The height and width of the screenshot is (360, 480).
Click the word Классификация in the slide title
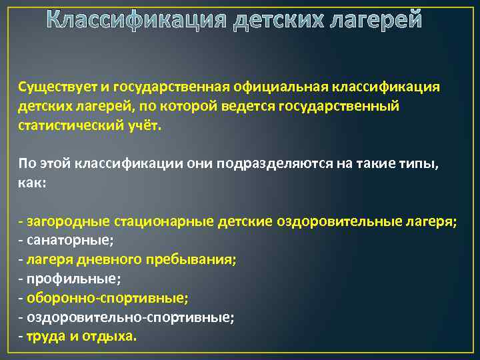click(x=137, y=20)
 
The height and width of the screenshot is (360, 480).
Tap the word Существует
click(x=55, y=88)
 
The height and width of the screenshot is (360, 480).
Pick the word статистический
click(x=67, y=126)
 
